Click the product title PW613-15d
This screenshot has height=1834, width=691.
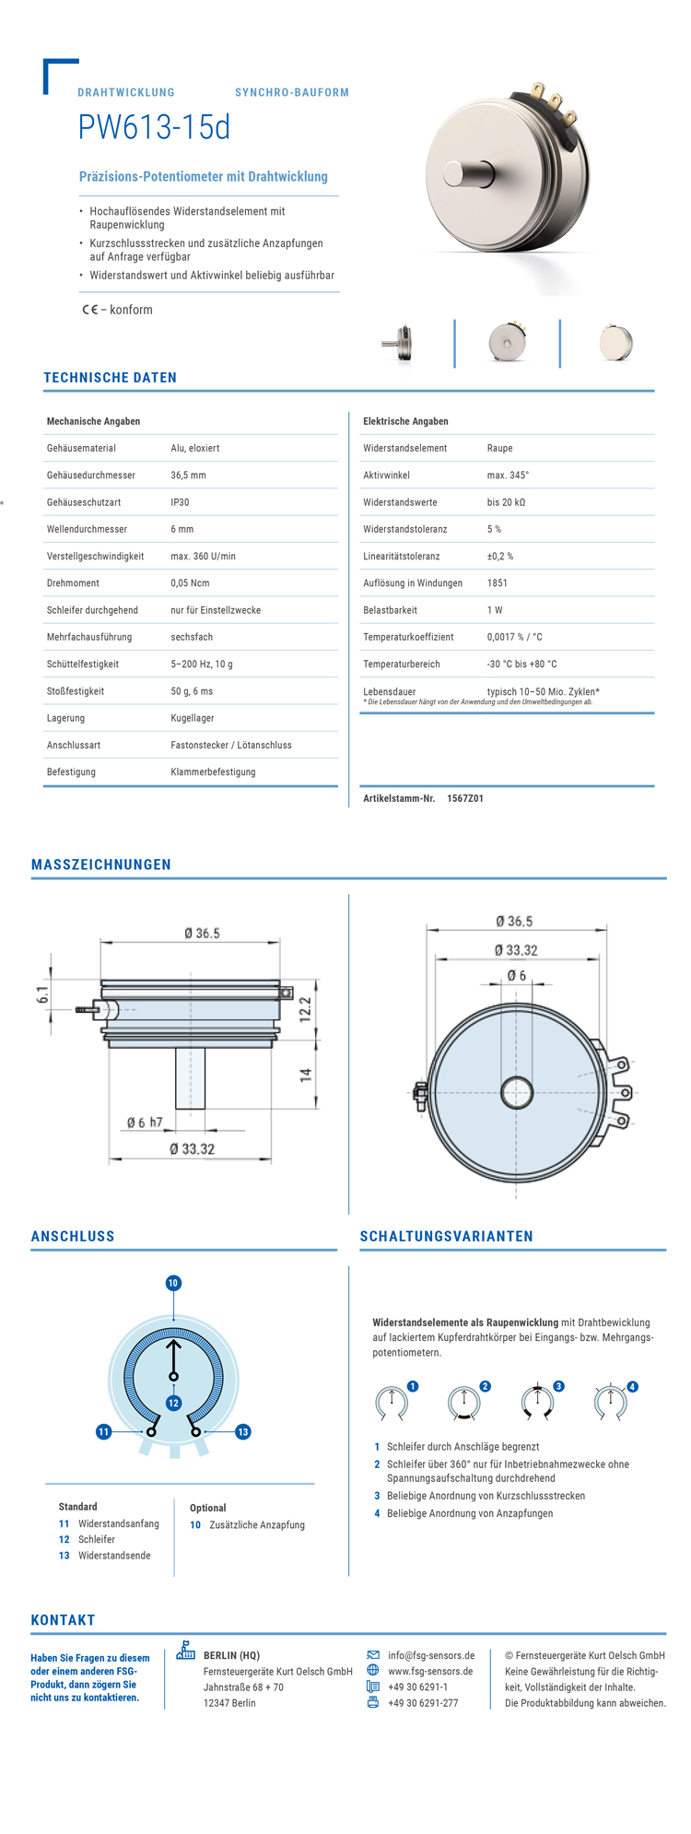coord(154,128)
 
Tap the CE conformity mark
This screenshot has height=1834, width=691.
coord(89,310)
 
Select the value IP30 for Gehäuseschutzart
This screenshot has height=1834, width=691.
coord(180,502)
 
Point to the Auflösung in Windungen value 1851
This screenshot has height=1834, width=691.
coord(498,583)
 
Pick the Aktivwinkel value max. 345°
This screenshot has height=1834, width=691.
coord(508,476)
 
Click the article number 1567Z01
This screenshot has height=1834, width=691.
coord(465,798)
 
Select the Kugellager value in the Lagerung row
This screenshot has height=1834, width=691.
coord(193,718)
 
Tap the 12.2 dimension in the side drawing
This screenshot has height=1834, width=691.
coord(305,1009)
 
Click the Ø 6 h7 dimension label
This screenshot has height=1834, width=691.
coord(145,1123)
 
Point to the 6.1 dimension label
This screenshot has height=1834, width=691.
coord(42,994)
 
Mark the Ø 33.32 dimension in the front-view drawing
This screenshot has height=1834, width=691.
coord(516,950)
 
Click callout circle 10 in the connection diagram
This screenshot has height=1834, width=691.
coord(173,1283)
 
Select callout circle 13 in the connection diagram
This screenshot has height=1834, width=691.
coord(243,1431)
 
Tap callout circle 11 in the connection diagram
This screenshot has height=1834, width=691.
coord(104,1431)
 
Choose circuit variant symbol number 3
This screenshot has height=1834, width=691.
coord(537,1402)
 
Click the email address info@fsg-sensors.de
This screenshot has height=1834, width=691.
coord(431,1655)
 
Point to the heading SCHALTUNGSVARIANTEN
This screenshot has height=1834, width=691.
coord(446,1237)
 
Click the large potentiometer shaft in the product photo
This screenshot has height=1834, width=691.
coord(468,172)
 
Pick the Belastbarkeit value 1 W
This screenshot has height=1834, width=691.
coord(495,610)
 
